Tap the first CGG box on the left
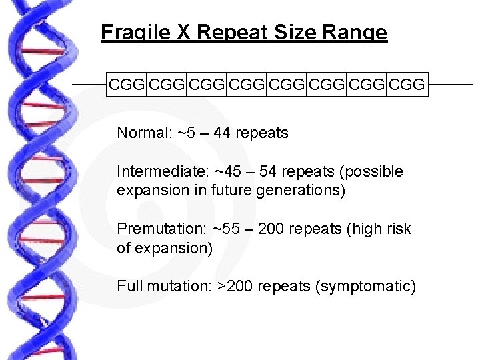pyautogui.click(x=127, y=85)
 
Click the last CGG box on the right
pyautogui.click(x=406, y=85)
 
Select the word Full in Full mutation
pyautogui.click(x=128, y=287)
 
